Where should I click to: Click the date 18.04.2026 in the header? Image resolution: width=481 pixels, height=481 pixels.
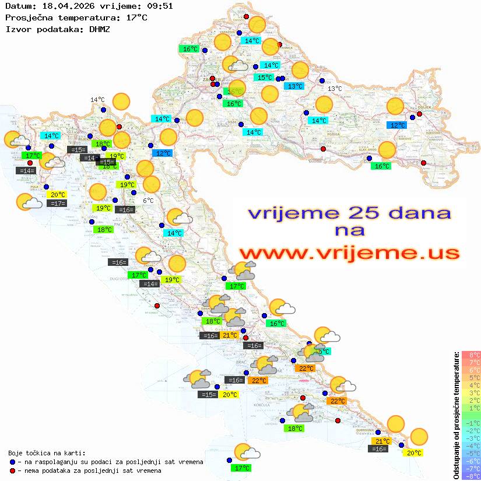[x=62, y=6]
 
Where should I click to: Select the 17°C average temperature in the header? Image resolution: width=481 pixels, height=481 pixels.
[x=136, y=17]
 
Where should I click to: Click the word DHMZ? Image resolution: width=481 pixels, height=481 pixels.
[x=100, y=29]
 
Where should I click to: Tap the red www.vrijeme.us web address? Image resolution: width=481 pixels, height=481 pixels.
[x=349, y=253]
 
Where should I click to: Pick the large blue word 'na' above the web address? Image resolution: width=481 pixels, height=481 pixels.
[x=349, y=230]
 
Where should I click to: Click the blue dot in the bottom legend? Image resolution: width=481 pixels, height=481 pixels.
[x=12, y=462]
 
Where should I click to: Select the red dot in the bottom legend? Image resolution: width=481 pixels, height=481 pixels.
[x=12, y=471]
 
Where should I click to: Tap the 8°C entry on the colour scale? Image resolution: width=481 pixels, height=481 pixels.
[x=471, y=354]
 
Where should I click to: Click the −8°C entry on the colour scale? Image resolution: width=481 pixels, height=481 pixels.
[x=471, y=476]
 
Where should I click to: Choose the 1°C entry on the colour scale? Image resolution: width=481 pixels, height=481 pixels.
[x=471, y=408]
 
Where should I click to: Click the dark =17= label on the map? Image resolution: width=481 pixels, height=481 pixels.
[x=57, y=203]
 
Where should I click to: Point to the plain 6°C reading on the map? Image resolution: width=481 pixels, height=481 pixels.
[x=149, y=200]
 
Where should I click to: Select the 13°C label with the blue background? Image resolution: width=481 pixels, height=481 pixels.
[x=295, y=86]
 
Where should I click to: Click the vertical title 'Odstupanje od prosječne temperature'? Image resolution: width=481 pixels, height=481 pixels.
[x=456, y=415]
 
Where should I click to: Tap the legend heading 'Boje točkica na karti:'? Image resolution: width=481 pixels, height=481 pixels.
[x=47, y=453]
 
